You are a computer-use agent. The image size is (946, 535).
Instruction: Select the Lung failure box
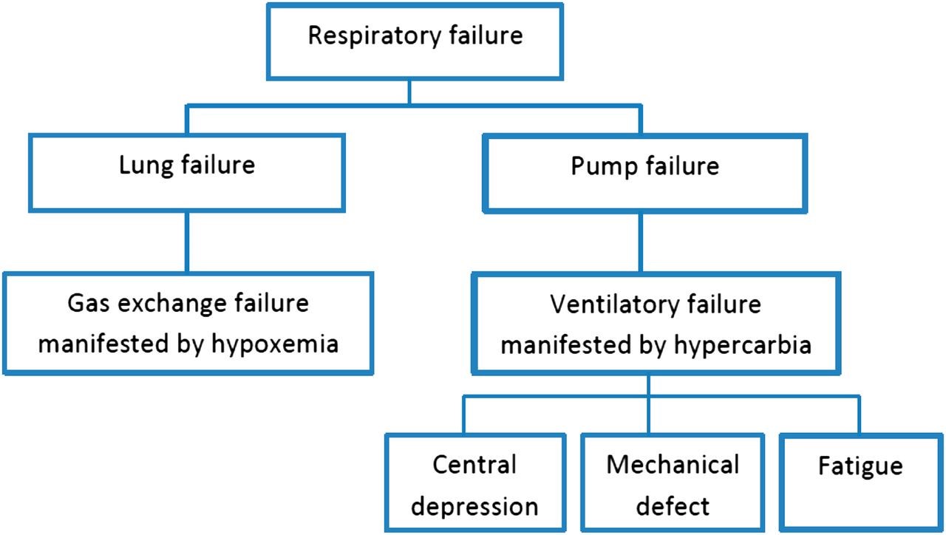point(186,171)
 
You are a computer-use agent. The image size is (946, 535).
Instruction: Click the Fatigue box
point(860,482)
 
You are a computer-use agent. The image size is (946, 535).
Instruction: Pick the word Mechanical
point(673,465)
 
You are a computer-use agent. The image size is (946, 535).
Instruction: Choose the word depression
point(474,507)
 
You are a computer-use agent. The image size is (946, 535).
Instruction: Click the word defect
point(673,506)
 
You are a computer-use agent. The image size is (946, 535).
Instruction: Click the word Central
point(474,465)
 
